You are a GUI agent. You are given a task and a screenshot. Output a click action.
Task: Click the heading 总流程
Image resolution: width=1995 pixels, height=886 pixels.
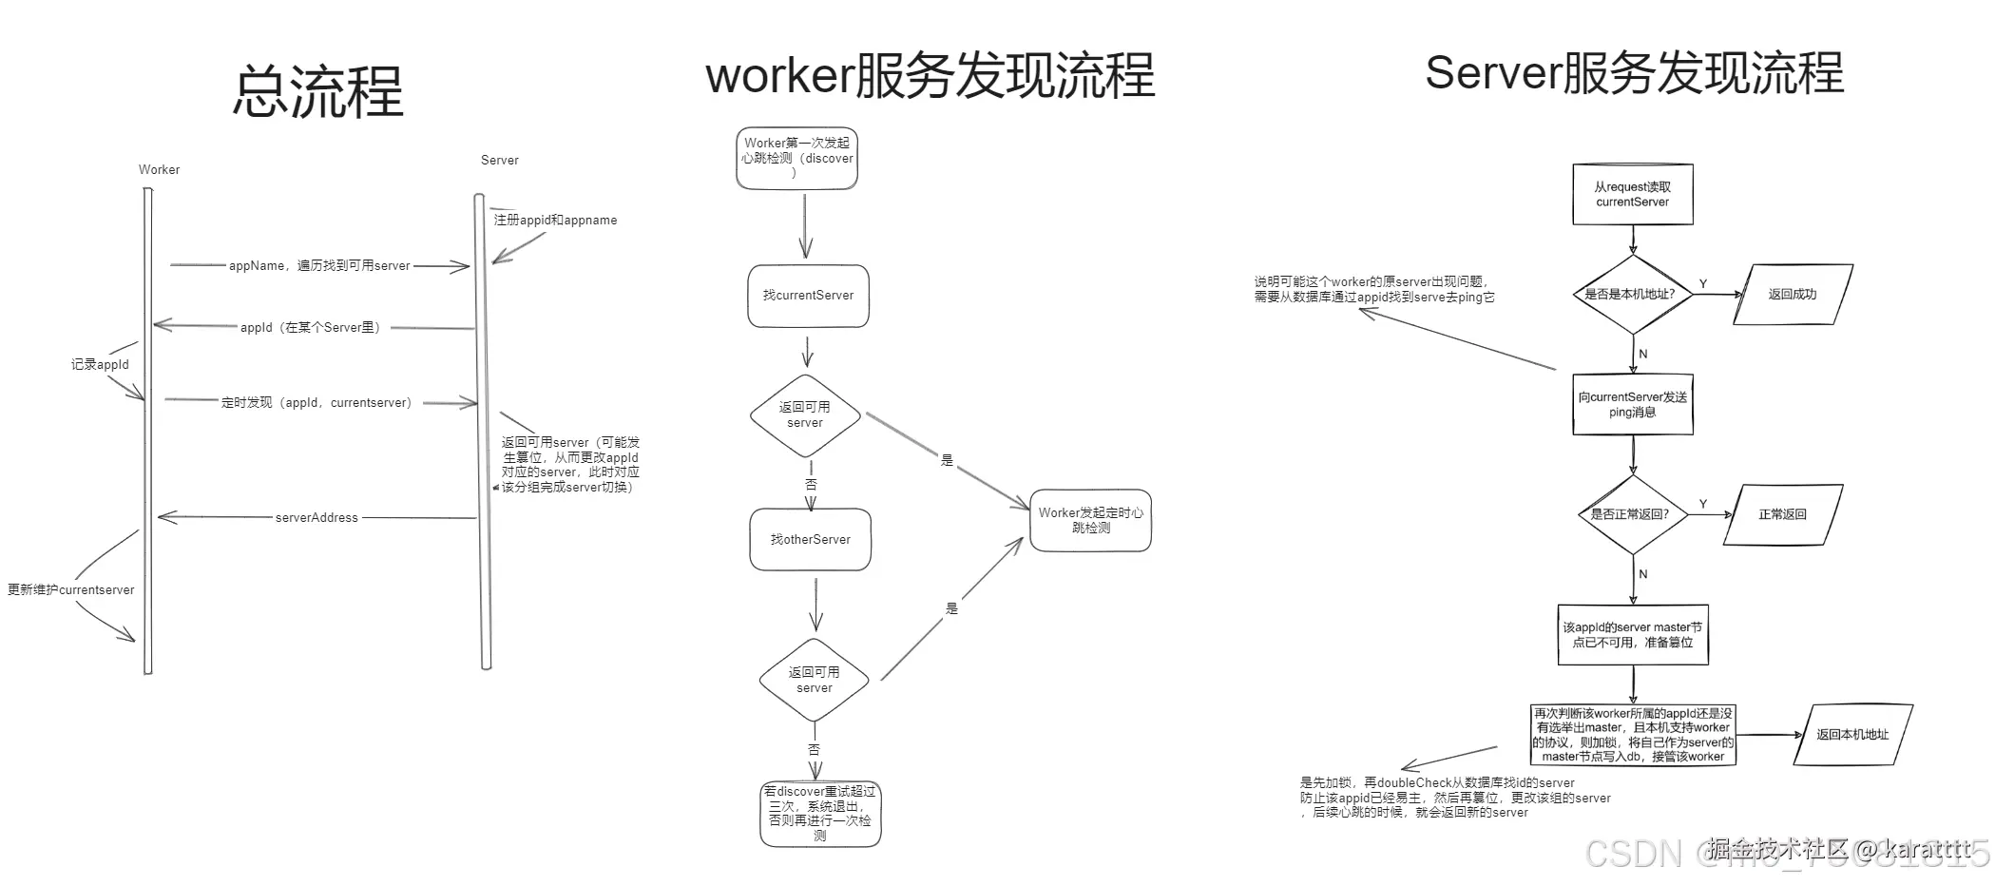click(x=318, y=92)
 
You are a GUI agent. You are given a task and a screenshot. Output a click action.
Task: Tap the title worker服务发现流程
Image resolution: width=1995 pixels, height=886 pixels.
click(x=930, y=76)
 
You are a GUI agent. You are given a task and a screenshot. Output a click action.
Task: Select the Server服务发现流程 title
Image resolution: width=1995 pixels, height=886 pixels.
click(x=1634, y=73)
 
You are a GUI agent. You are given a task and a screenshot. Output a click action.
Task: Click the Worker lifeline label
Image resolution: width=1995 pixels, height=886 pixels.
click(x=159, y=170)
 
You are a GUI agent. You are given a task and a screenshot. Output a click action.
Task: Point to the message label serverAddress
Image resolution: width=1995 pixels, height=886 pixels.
click(x=317, y=518)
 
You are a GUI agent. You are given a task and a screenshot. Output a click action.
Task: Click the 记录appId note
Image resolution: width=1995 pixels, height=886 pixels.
click(x=100, y=365)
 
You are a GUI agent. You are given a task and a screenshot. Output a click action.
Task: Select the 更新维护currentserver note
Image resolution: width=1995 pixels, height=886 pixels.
click(x=71, y=590)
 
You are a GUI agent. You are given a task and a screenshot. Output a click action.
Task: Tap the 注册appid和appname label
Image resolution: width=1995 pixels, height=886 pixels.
click(x=555, y=221)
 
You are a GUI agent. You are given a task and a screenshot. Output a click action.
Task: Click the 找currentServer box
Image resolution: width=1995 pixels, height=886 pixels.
click(x=808, y=296)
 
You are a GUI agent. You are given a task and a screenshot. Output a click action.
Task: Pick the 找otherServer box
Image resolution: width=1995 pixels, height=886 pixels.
click(x=811, y=540)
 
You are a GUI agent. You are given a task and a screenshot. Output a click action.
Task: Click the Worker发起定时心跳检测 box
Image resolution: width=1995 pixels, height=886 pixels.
click(x=1090, y=520)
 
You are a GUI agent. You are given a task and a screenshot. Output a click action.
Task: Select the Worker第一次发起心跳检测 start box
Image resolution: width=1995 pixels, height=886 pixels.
click(x=797, y=158)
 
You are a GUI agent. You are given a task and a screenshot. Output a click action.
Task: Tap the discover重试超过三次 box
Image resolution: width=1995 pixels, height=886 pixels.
click(x=820, y=814)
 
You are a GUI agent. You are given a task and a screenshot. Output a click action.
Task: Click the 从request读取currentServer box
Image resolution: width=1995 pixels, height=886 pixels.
click(x=1632, y=195)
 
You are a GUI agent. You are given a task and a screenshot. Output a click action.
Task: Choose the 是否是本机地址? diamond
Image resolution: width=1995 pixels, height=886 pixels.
click(x=1630, y=295)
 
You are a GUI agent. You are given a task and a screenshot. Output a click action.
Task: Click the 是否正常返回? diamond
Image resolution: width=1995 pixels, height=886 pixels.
click(x=1630, y=514)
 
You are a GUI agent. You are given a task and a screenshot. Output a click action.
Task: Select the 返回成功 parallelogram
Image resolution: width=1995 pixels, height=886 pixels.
click(x=1793, y=295)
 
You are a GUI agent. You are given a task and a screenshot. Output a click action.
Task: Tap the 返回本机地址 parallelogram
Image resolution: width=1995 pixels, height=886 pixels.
click(x=1852, y=735)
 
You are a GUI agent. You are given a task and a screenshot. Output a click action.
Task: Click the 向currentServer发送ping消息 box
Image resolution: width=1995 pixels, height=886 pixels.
click(x=1632, y=405)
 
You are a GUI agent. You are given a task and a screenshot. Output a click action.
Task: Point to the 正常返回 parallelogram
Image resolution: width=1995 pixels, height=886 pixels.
click(x=1782, y=514)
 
